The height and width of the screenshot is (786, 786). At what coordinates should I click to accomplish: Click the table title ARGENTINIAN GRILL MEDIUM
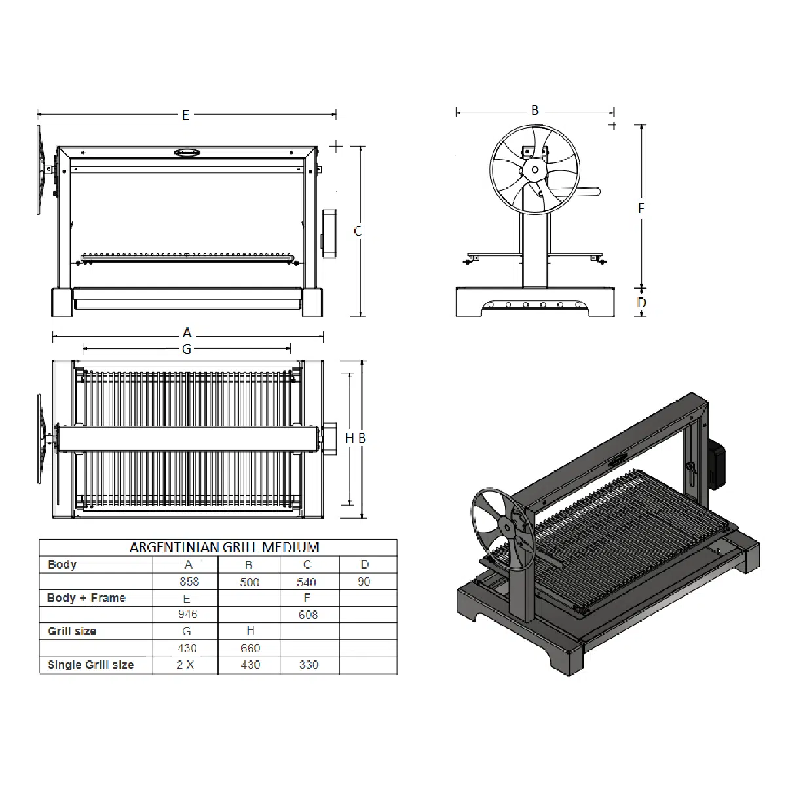(224, 548)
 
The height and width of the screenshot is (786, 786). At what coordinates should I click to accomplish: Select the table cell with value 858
(189, 581)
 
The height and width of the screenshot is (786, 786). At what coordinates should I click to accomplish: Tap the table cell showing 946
(187, 614)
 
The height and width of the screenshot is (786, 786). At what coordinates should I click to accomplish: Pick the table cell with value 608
(308, 614)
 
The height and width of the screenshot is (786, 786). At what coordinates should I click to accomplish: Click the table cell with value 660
(250, 648)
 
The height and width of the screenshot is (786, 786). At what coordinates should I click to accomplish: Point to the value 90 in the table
(364, 581)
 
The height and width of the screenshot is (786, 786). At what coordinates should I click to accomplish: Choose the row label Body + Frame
(86, 598)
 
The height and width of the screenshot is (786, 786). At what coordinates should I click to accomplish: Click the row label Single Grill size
(90, 665)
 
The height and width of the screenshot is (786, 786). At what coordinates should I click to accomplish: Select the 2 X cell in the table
(185, 664)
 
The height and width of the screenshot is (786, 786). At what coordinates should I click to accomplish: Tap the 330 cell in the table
(309, 664)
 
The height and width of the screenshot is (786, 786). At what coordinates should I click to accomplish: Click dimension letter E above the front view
(185, 115)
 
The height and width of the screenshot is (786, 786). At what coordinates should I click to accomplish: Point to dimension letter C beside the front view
(358, 231)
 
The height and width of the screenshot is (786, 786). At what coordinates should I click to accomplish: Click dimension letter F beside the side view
(641, 208)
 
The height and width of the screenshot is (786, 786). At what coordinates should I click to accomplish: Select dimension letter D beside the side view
(642, 303)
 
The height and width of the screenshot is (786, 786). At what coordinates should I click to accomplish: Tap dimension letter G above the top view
(187, 349)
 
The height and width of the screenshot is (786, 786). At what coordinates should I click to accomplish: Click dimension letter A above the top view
(187, 333)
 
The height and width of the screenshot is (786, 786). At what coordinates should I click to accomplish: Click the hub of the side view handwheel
(534, 170)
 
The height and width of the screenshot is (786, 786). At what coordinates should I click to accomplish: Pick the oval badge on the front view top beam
(187, 153)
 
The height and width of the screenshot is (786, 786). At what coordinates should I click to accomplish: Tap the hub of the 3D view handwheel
(507, 527)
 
